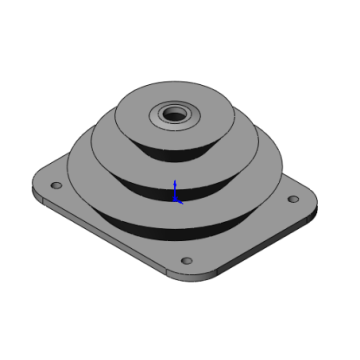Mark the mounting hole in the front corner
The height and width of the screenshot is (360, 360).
click(185, 262)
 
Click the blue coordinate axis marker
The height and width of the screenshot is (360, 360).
click(177, 192)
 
